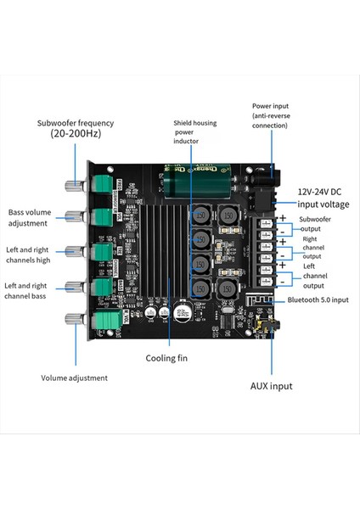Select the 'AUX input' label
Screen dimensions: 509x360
(x=271, y=386)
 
